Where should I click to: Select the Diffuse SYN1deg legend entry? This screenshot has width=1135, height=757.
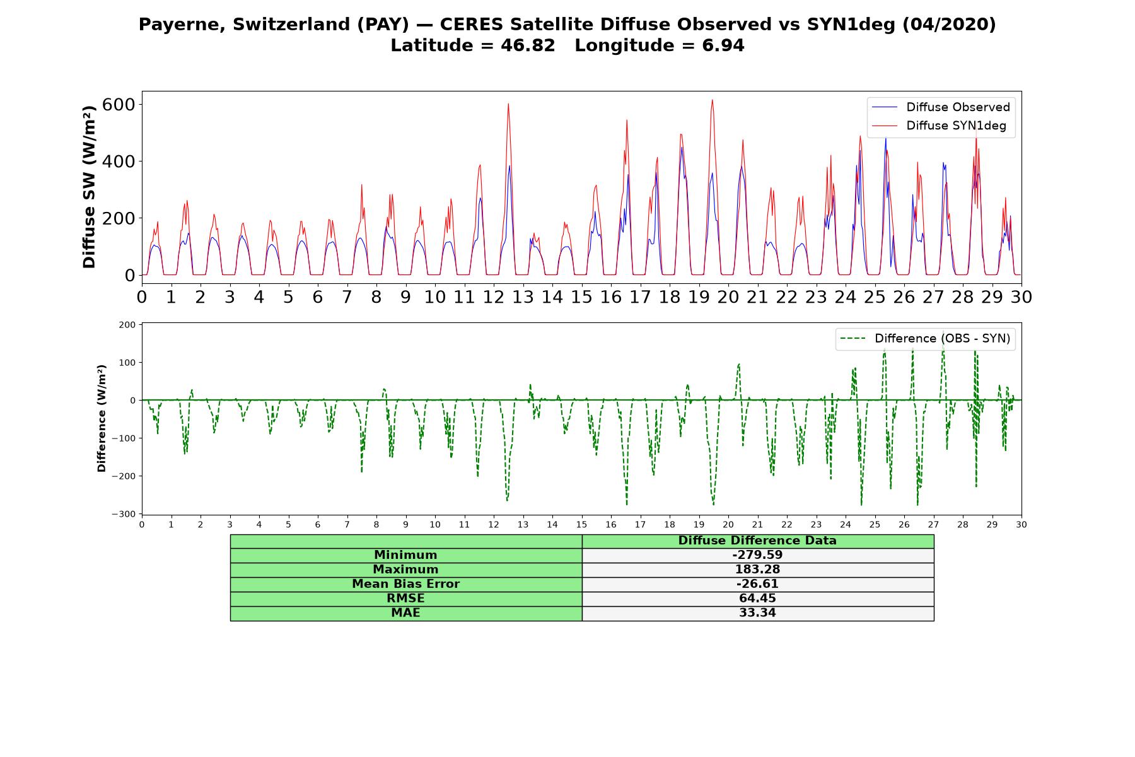(x=939, y=126)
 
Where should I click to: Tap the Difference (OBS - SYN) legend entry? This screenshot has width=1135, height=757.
(x=926, y=339)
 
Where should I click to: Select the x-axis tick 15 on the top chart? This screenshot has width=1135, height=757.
(x=581, y=296)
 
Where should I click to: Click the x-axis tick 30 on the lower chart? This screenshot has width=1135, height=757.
(x=1021, y=524)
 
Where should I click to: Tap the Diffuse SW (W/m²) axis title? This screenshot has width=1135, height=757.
(x=89, y=187)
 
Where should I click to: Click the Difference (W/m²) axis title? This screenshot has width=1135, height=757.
(x=102, y=418)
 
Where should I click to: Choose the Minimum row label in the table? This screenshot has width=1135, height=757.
(x=405, y=555)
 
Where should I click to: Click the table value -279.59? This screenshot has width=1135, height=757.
(x=757, y=555)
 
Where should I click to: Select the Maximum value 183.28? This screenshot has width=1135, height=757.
(x=757, y=570)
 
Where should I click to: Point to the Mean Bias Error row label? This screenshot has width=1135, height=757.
(x=405, y=584)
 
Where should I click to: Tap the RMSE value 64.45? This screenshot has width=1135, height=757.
(x=757, y=599)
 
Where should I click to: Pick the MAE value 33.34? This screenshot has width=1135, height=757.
(x=757, y=613)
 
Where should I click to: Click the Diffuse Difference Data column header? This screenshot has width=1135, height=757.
(x=757, y=541)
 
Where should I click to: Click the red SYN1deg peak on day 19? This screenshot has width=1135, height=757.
(x=713, y=100)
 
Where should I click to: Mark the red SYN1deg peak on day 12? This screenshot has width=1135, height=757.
(x=508, y=104)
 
